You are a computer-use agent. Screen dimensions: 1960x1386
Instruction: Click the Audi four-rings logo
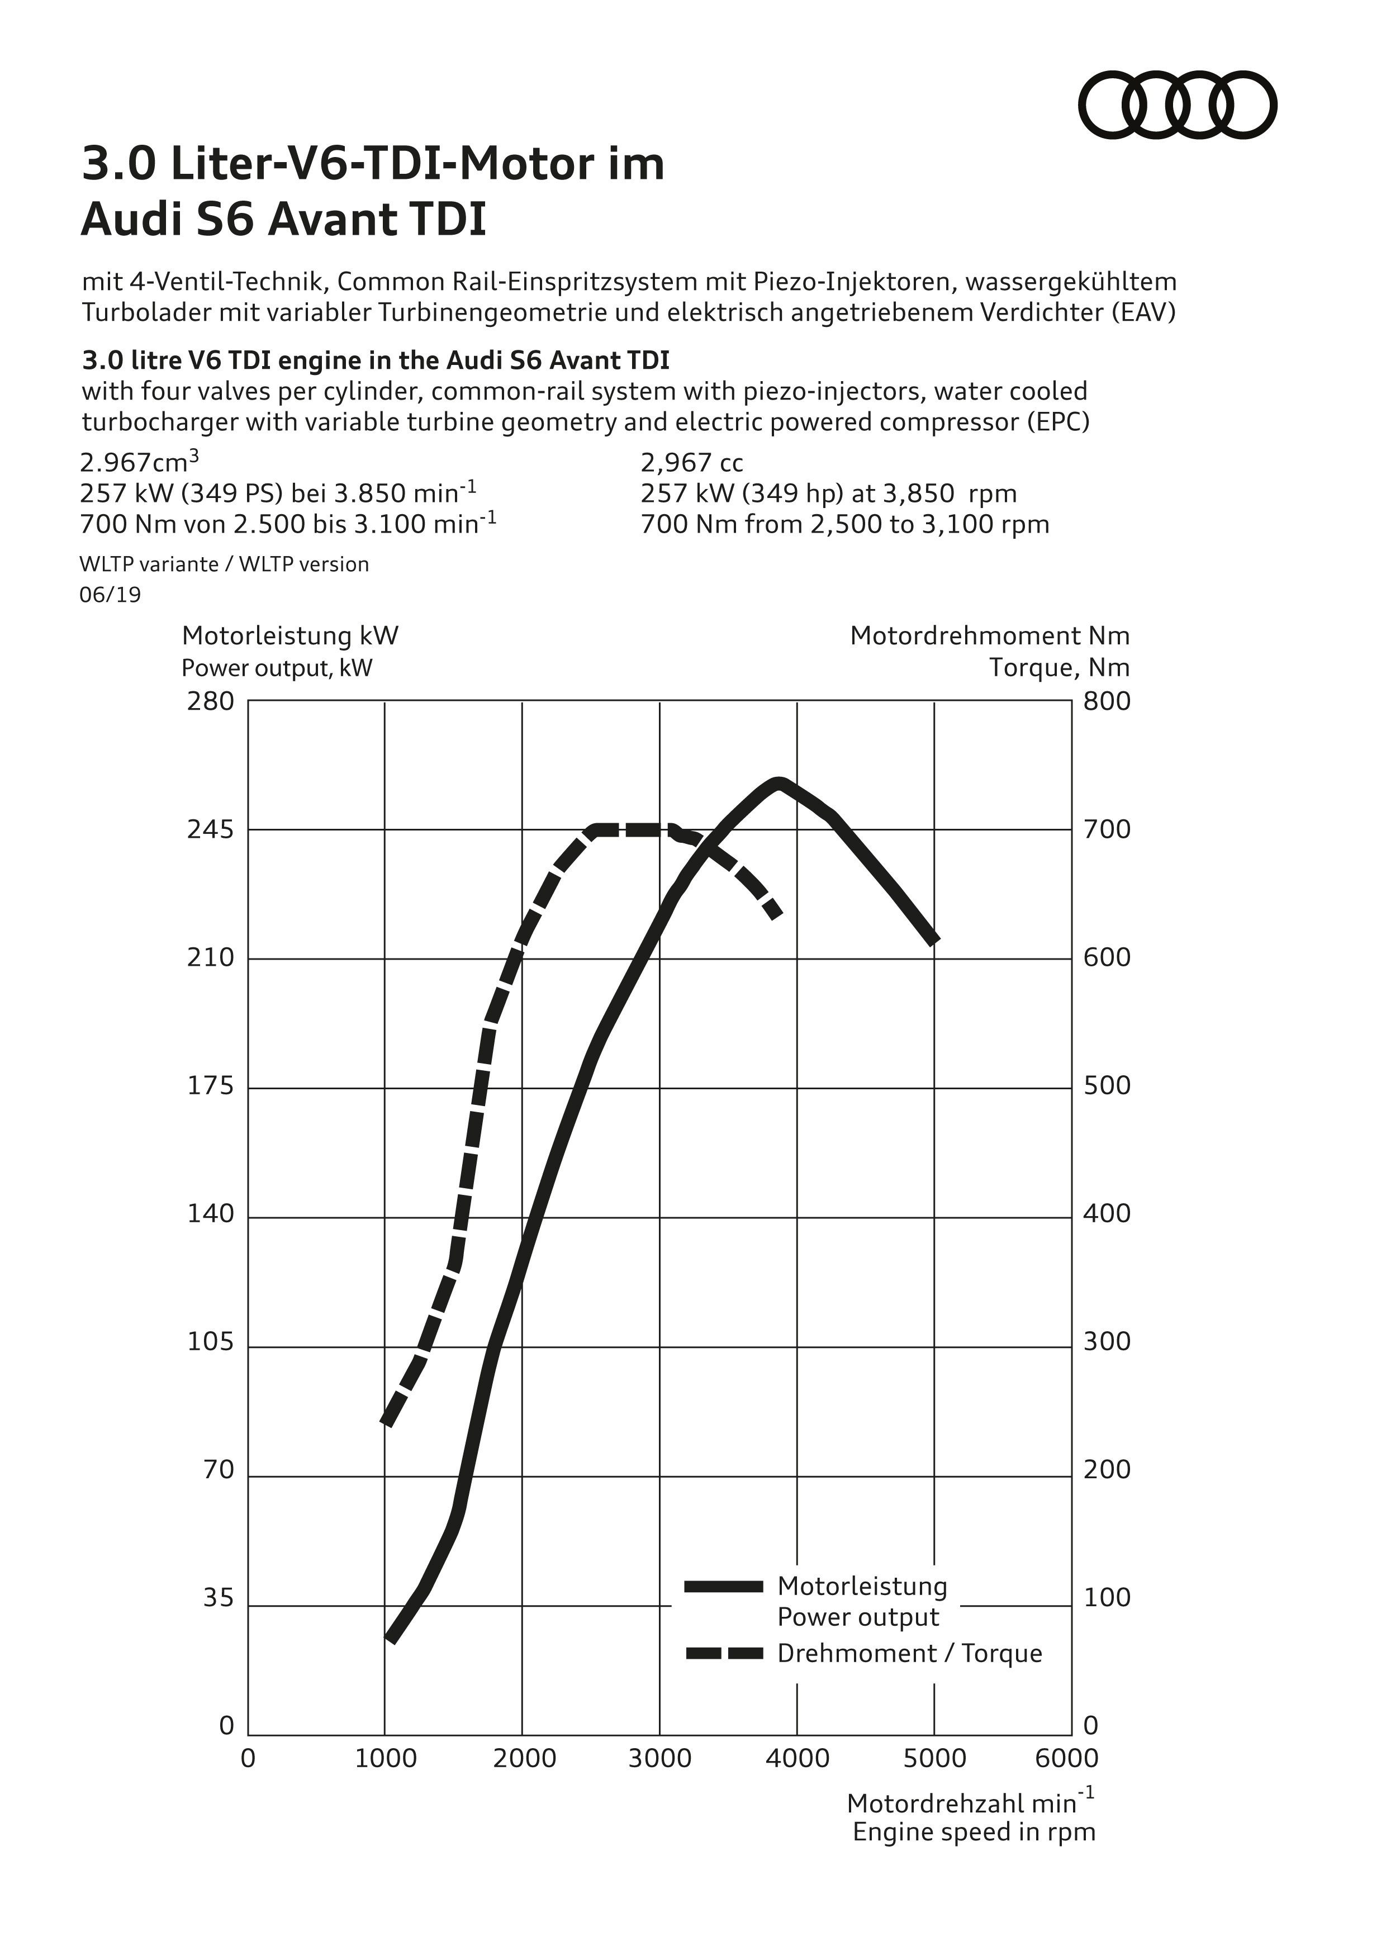[x=1178, y=105]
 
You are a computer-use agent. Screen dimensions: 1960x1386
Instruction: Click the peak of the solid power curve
[x=777, y=784]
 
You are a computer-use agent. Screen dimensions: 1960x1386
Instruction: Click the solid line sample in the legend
[x=724, y=1586]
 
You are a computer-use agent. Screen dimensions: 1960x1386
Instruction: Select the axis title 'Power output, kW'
[x=277, y=667]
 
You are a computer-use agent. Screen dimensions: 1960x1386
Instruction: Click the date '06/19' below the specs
[x=110, y=595]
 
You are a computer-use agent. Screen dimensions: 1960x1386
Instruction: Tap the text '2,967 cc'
[x=691, y=463]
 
